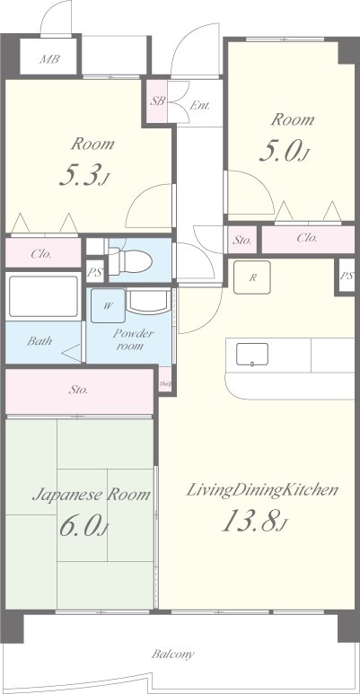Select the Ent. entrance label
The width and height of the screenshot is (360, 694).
(x=199, y=106)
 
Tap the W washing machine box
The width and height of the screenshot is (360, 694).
(x=108, y=306)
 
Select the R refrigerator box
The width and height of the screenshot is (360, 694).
(x=253, y=277)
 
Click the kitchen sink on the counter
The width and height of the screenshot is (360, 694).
(x=253, y=355)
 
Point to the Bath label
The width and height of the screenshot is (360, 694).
(x=39, y=341)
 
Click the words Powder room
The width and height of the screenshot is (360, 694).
(x=134, y=340)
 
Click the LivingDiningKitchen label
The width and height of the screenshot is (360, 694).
(x=262, y=490)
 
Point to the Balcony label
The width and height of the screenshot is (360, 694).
(x=173, y=654)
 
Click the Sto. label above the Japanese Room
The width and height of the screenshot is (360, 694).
(x=78, y=391)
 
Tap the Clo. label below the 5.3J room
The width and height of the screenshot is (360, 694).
(x=41, y=254)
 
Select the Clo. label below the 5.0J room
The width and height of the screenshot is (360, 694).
(x=306, y=239)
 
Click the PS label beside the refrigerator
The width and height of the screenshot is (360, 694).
(x=347, y=276)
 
